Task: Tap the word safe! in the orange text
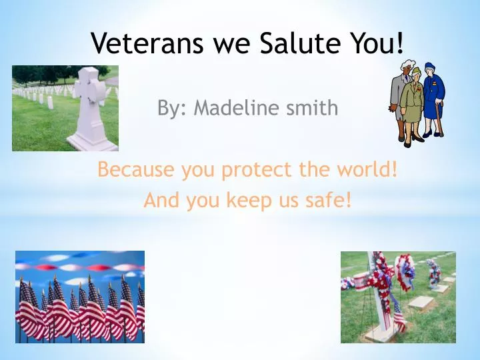point(327,200)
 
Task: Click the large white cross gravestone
point(92,110)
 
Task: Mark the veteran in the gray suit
point(399,100)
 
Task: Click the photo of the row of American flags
point(80,297)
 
